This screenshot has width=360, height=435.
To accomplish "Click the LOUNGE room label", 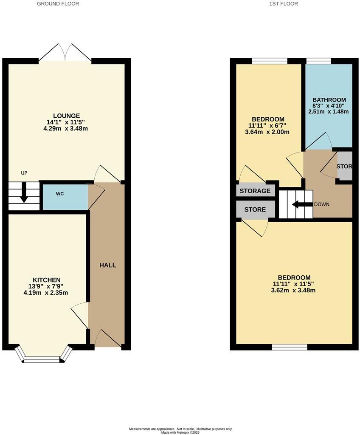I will click(66, 116).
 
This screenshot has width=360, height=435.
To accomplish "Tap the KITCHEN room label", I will click(47, 280).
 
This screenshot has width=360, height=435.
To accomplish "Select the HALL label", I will click(107, 265).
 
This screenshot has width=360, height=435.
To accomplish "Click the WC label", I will click(60, 194).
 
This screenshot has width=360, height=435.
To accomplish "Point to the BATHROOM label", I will click(329, 100).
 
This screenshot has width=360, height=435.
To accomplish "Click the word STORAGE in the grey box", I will click(255, 191).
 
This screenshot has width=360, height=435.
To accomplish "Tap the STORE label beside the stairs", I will click(255, 209).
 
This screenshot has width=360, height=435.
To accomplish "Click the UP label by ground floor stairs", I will click(24, 173).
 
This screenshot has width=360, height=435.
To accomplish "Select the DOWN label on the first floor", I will click(321, 204).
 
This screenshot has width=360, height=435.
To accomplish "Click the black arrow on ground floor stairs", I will click(24, 192).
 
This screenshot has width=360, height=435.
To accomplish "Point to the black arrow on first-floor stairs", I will click(302, 204).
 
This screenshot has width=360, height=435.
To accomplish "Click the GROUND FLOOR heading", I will click(58, 4).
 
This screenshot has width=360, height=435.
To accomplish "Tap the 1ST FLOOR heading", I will click(284, 4).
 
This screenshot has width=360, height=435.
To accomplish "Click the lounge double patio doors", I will click(65, 52).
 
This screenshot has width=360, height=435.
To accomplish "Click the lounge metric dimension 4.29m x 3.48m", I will click(66, 128).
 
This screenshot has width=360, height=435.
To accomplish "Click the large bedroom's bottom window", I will click(290, 347).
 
